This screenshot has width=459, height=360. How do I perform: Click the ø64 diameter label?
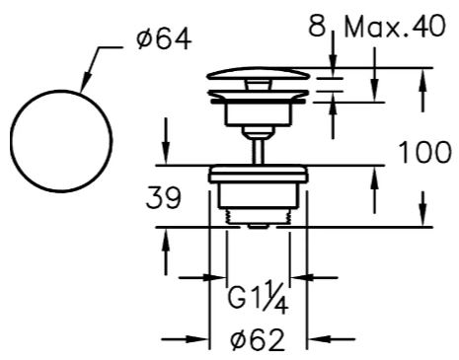(x=164, y=39)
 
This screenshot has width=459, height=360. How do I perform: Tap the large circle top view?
(x=61, y=90)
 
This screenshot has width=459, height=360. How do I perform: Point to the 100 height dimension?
(x=424, y=152)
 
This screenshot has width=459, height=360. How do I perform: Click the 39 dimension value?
(x=164, y=197)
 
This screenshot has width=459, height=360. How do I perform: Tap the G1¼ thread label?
(x=259, y=297)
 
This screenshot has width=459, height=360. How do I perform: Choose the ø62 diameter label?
(x=258, y=339)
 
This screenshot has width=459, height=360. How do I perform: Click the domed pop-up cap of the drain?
(x=258, y=73)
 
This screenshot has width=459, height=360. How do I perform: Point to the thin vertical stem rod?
(x=259, y=151)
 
